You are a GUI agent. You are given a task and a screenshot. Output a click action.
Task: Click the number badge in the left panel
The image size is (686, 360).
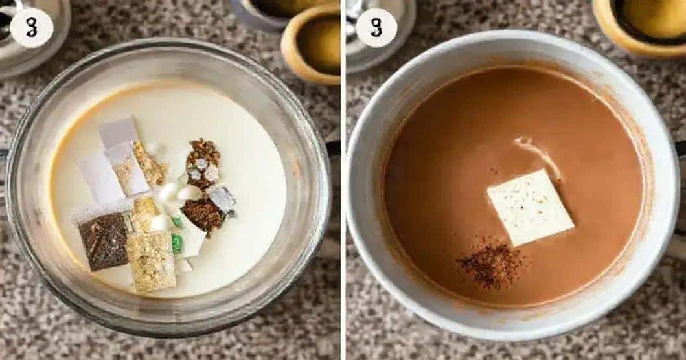point(32,28)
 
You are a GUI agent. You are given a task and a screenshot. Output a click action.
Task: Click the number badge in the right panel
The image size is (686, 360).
point(376,28)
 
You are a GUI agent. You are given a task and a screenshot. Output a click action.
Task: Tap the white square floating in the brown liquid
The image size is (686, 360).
point(531,207)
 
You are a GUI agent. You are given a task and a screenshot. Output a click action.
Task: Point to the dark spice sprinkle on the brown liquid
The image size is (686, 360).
point(492,262)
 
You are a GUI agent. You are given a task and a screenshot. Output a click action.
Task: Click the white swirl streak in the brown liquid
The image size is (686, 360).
point(537,156)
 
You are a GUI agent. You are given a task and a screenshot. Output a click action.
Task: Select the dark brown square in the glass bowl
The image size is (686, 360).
point(104,242)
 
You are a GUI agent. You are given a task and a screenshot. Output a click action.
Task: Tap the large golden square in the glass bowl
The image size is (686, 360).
point(151,262)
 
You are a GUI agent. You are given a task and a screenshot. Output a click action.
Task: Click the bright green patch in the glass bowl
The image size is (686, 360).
point(177,243)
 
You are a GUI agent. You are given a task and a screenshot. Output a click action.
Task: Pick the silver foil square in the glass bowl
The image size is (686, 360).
point(223,199)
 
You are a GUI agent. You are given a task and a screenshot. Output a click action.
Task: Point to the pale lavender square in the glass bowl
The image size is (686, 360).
point(118,131)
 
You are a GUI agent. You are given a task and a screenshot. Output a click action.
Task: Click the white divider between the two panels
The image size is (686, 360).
point(343,180)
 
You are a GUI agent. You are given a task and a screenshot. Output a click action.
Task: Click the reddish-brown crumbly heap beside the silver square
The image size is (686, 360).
point(203,214)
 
